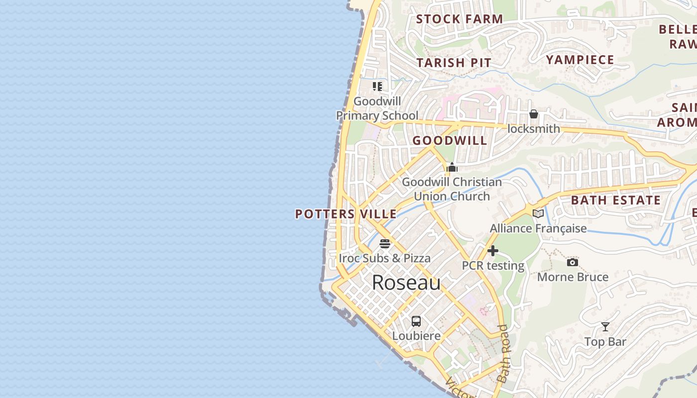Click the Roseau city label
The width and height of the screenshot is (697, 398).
click(406, 283)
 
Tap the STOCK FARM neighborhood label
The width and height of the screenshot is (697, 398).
click(460, 19)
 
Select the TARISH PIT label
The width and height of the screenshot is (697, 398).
click(454, 63)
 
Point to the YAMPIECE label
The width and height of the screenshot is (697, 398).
click(580, 60)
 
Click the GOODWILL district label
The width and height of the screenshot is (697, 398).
click(450, 140)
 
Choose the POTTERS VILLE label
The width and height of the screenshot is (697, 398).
click(346, 214)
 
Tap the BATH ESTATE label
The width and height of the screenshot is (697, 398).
click(616, 200)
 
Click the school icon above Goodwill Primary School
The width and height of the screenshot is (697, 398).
click(377, 87)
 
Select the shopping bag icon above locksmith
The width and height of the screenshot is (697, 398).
click(534, 114)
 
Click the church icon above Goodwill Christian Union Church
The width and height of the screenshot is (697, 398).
click(452, 167)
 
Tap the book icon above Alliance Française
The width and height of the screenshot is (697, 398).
click(538, 213)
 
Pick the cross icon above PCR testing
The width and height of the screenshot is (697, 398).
click(493, 251)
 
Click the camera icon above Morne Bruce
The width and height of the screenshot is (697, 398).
click(573, 262)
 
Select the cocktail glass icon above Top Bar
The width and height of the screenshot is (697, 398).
click(605, 327)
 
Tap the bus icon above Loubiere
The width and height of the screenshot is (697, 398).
click(416, 321)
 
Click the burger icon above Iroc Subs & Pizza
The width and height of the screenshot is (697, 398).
click(385, 244)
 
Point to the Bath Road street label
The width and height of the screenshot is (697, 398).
click(504, 353)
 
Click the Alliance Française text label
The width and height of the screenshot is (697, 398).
click(538, 228)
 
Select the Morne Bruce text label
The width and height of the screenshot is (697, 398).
click(573, 277)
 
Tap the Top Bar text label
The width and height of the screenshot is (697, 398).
click(605, 342)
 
